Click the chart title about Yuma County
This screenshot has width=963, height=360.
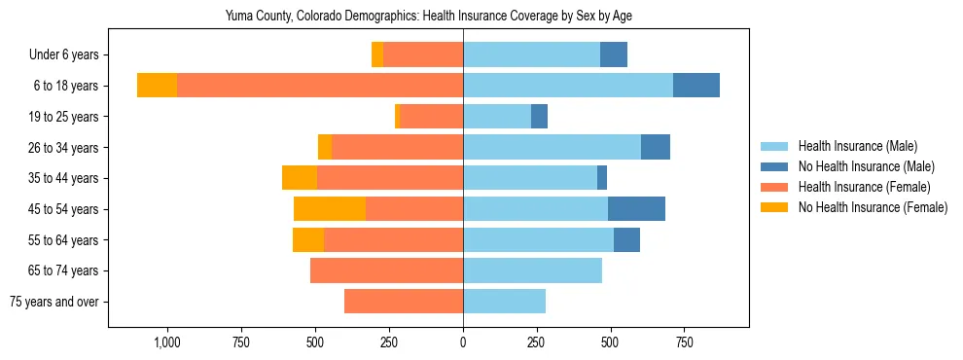(429, 17)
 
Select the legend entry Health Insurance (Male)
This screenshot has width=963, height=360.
(857, 146)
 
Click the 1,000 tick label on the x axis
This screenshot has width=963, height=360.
(166, 342)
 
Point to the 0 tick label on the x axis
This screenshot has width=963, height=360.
(463, 342)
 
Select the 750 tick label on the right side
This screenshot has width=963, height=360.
(684, 342)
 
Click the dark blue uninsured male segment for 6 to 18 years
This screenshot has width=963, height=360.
(696, 86)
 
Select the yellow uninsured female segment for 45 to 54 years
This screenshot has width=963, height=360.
(330, 209)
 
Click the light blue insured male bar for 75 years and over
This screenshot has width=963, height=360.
(504, 302)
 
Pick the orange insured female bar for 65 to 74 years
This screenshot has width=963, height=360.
(386, 270)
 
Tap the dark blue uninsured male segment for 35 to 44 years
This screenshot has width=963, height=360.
(602, 178)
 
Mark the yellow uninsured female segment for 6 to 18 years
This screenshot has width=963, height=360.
(157, 86)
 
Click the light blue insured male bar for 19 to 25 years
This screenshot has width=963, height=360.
(497, 117)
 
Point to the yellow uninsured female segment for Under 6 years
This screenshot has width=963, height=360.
(377, 55)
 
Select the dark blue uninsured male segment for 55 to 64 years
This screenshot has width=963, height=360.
(626, 240)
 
